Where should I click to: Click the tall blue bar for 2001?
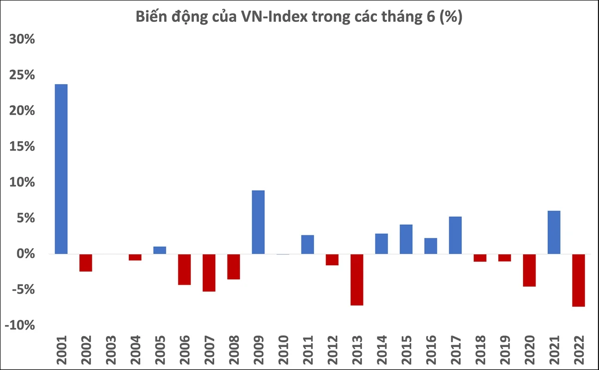click(x=61, y=169)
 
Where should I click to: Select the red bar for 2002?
click(x=86, y=263)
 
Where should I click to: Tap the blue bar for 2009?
click(x=259, y=222)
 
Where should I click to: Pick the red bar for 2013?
click(x=357, y=279)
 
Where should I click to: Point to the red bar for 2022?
click(x=579, y=280)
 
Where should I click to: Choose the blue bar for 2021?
click(x=554, y=232)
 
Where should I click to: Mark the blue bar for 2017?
click(x=455, y=235)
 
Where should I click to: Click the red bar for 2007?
click(x=209, y=272)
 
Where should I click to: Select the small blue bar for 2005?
click(x=160, y=250)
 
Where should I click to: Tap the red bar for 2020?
click(x=530, y=270)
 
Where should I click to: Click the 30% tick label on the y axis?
click(x=22, y=39)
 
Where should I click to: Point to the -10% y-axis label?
click(x=20, y=326)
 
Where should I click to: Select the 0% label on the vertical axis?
click(x=25, y=254)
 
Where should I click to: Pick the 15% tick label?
click(x=22, y=147)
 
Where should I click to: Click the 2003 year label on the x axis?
click(x=111, y=350)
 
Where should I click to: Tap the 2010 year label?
click(x=284, y=350)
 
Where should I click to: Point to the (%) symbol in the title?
click(x=451, y=17)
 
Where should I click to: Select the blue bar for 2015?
click(x=406, y=239)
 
